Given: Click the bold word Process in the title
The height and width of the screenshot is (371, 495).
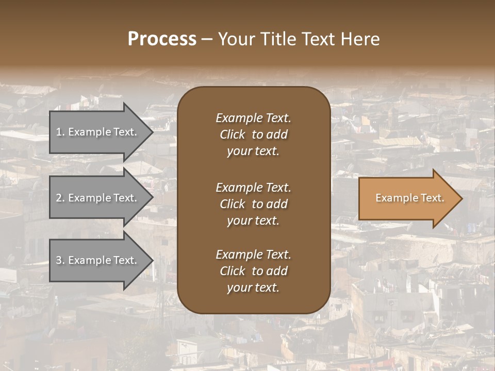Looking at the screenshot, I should pyautogui.click(x=162, y=39).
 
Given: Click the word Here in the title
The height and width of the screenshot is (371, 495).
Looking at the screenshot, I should pyautogui.click(x=361, y=39).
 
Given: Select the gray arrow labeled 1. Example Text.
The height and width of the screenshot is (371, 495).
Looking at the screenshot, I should pyautogui.click(x=98, y=132).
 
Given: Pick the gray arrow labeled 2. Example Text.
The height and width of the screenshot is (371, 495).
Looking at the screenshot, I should pyautogui.click(x=98, y=198).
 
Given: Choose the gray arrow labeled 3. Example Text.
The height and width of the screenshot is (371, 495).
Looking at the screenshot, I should pyautogui.click(x=98, y=260).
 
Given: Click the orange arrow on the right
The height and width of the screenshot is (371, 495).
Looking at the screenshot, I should pyautogui.click(x=407, y=198).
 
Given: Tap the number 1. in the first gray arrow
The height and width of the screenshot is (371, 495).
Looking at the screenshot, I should pyautogui.click(x=60, y=132).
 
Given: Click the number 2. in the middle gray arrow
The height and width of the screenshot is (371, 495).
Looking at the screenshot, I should pyautogui.click(x=60, y=198).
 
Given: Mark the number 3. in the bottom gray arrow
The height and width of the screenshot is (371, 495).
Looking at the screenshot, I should pyautogui.click(x=60, y=260).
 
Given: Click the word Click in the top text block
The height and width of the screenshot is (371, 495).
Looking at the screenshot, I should pyautogui.click(x=232, y=134).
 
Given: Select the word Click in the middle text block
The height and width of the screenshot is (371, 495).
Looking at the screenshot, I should pyautogui.click(x=232, y=204).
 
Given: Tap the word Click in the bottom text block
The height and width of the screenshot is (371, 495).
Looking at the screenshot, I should pyautogui.click(x=232, y=271).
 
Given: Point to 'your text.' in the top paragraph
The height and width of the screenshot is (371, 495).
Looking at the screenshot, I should pyautogui.click(x=253, y=151).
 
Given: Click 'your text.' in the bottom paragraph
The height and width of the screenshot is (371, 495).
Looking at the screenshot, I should pyautogui.click(x=253, y=288).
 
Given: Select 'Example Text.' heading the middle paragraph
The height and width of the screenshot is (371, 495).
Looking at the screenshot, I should pyautogui.click(x=253, y=187).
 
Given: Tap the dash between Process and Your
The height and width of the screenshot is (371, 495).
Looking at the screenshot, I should pyautogui.click(x=206, y=39).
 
